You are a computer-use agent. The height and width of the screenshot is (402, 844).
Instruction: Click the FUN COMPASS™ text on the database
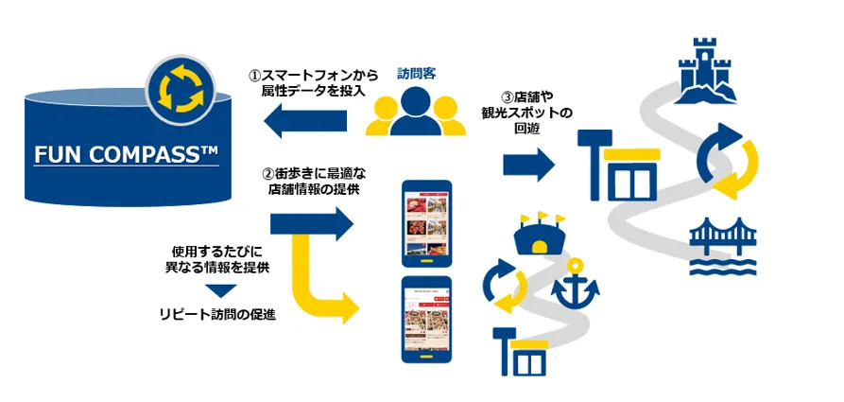[126, 155]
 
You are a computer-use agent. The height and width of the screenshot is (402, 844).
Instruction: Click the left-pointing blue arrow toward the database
[305, 119]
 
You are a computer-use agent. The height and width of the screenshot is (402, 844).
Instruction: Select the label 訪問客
[416, 73]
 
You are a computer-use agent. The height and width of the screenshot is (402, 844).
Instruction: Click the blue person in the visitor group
[415, 112]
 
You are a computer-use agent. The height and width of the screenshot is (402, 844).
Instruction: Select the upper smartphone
[427, 223]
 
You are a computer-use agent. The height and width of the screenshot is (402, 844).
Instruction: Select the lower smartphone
[427, 320]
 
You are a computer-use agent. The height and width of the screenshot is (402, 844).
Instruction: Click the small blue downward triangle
[222, 291]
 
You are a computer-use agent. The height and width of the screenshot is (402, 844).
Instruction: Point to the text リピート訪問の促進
[217, 315]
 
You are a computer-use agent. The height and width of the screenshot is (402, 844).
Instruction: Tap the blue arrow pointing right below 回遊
[528, 165]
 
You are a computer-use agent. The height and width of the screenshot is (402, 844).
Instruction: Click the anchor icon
[576, 283]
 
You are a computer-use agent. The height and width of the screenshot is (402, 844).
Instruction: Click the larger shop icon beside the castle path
[619, 166]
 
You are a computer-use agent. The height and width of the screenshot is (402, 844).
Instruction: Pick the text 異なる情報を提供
[217, 268]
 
